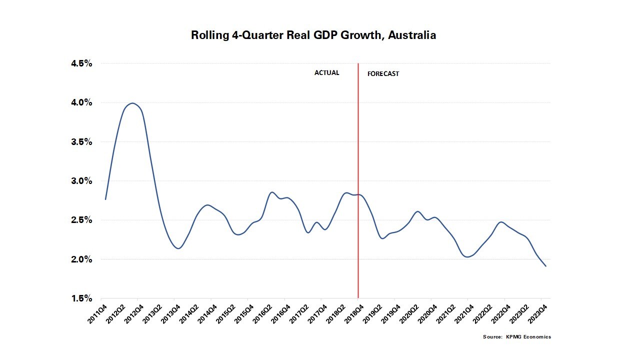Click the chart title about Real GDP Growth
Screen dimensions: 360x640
[313, 35]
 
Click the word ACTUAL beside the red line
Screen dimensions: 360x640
[326, 73]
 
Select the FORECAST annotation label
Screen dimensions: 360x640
[383, 74]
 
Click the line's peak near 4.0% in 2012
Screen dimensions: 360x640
[132, 103]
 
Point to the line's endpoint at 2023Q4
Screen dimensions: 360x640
[545, 266]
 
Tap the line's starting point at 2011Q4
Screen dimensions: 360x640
[105, 199]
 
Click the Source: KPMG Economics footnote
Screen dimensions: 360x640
[516, 337]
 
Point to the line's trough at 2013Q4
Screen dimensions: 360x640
[177, 248]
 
